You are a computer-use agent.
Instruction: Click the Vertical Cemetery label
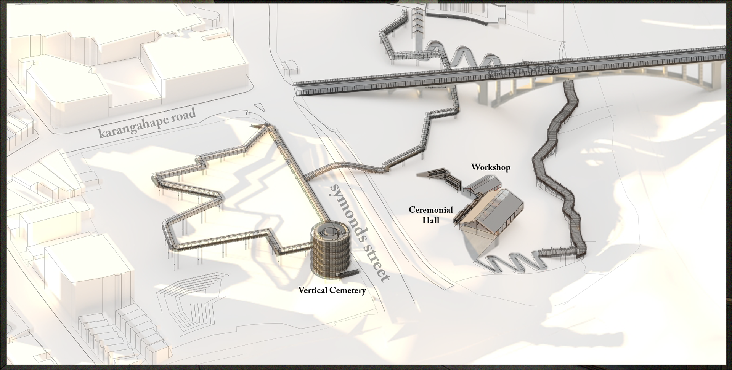[x=332, y=291]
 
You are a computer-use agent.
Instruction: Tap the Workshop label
[x=490, y=167]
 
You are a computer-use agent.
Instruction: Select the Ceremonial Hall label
[x=431, y=215]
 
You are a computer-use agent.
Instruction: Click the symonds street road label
[x=359, y=232]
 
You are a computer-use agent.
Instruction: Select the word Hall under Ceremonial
[x=431, y=220]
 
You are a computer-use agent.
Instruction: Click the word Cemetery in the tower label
[x=347, y=291]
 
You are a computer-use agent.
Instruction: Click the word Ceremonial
[x=431, y=210]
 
